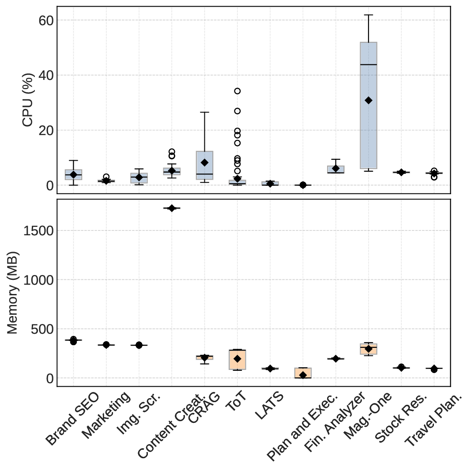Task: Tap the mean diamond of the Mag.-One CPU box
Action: (369, 100)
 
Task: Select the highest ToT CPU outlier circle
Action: (237, 91)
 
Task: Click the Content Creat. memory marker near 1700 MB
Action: (172, 208)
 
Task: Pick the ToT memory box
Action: (237, 359)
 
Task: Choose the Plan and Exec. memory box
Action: (303, 373)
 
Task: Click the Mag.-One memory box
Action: (369, 349)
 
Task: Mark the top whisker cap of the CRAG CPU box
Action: (204, 112)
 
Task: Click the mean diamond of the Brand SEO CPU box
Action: (73, 175)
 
